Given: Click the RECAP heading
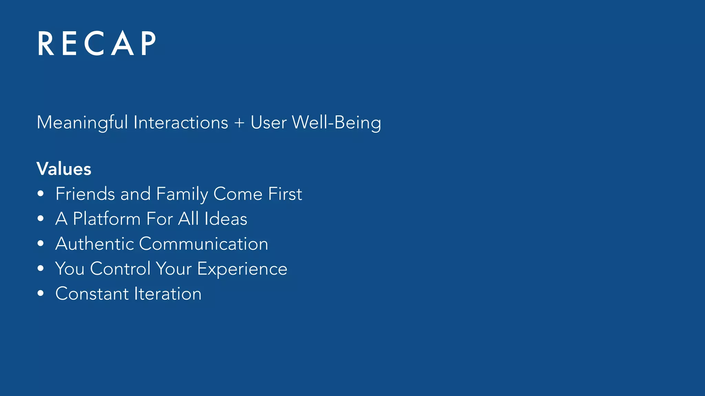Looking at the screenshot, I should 97,43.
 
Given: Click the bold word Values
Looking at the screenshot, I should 64,169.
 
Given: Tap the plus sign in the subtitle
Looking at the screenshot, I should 239,123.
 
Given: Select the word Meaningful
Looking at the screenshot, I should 82,123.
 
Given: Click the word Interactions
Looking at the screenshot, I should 181,123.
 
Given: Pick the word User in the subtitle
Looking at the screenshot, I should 269,123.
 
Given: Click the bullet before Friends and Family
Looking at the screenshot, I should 41,194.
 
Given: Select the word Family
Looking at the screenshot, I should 182,194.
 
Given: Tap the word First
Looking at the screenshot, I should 285,194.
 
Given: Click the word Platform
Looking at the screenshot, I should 107,219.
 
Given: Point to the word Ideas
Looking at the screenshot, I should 225,219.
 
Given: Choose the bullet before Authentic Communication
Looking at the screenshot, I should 41,243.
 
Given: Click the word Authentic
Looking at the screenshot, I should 94,244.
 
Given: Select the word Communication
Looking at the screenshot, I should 203,244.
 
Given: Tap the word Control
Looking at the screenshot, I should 120,268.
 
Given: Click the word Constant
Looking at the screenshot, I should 92,294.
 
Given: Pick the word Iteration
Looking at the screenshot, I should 168,294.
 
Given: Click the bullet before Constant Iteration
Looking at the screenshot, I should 41,293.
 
